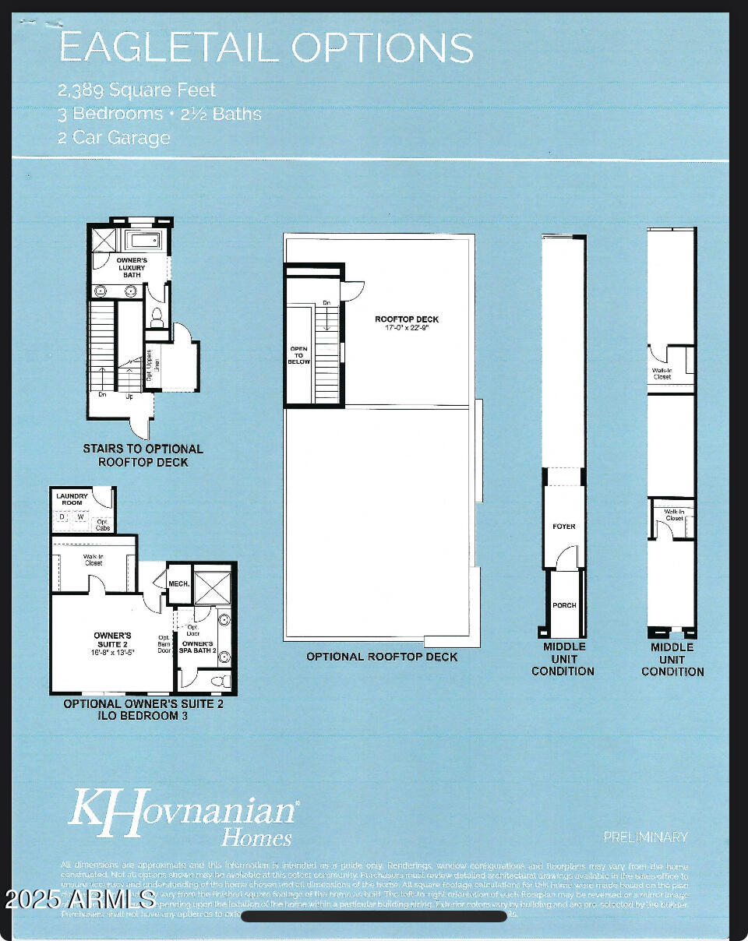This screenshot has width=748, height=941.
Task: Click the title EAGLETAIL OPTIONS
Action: pyautogui.click(x=266, y=48)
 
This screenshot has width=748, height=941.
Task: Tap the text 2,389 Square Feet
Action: pyautogui.click(x=137, y=90)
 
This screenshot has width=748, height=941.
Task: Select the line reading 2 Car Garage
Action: pyautogui.click(x=114, y=138)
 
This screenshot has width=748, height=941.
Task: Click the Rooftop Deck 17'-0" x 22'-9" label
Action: pyautogui.click(x=407, y=323)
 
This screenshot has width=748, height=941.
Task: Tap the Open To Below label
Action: pyautogui.click(x=299, y=355)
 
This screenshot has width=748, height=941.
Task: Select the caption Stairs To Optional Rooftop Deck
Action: pyautogui.click(x=143, y=455)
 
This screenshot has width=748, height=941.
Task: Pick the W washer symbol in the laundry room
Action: pyautogui.click(x=79, y=516)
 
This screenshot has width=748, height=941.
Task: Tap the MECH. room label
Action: pyautogui.click(x=179, y=583)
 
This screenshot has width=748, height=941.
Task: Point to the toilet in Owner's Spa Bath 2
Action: pyautogui.click(x=220, y=681)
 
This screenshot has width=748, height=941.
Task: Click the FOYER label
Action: pyautogui.click(x=564, y=527)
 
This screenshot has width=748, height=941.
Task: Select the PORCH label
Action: pyautogui.click(x=564, y=605)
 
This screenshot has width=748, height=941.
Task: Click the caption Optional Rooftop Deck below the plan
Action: pyautogui.click(x=382, y=657)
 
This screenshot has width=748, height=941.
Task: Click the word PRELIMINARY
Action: pyautogui.click(x=645, y=837)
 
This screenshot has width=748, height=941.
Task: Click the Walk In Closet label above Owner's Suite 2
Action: pyautogui.click(x=93, y=559)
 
